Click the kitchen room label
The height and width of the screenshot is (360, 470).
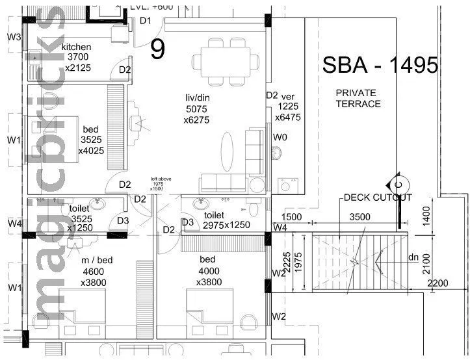pos(76,47)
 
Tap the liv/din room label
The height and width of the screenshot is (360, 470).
pos(196,98)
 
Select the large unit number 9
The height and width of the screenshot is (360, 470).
pos(158,49)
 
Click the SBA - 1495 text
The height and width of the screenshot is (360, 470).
pos(380,66)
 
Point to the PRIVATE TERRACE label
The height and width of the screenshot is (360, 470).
pos(358,98)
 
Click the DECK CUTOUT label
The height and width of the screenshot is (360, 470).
pos(378,198)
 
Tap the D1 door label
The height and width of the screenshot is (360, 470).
pos(146,21)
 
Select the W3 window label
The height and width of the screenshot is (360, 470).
pos(14,37)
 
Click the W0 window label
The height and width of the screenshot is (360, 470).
pos(280,137)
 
